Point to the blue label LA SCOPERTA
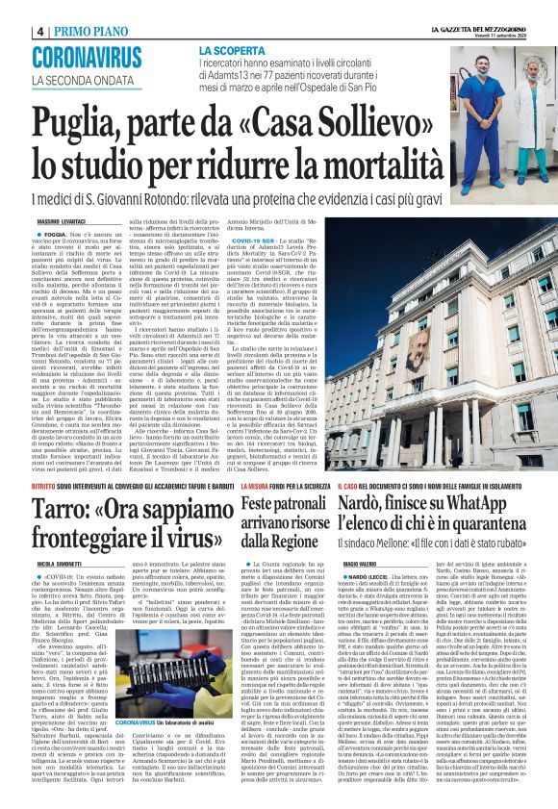click(233, 49)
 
